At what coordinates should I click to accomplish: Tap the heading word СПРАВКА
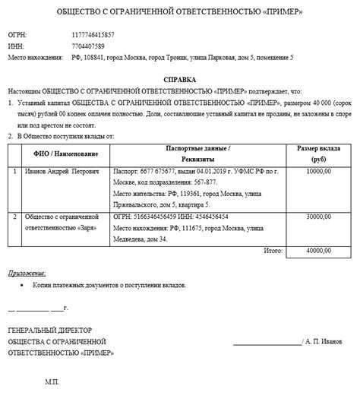coord(179,79)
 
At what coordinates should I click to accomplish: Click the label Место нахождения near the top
coord(35,58)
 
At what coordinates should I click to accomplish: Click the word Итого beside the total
coord(273,249)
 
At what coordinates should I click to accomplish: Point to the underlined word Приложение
coord(27,272)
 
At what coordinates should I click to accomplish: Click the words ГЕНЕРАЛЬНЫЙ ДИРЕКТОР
coord(49,331)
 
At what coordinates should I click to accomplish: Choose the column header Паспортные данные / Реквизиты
coord(197,155)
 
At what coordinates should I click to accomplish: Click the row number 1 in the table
coord(16,172)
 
